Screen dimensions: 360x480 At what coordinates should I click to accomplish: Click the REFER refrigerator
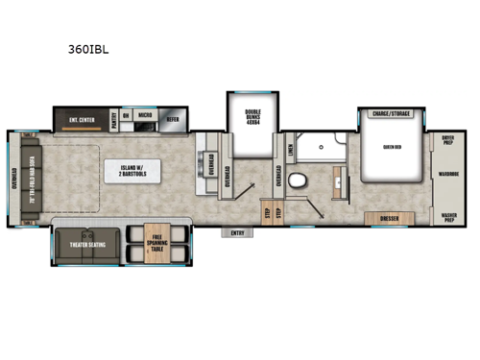click(x=173, y=119)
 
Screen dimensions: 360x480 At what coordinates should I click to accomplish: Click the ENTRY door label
click(x=237, y=232)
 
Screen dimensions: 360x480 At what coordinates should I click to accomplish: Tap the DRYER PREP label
click(x=447, y=140)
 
